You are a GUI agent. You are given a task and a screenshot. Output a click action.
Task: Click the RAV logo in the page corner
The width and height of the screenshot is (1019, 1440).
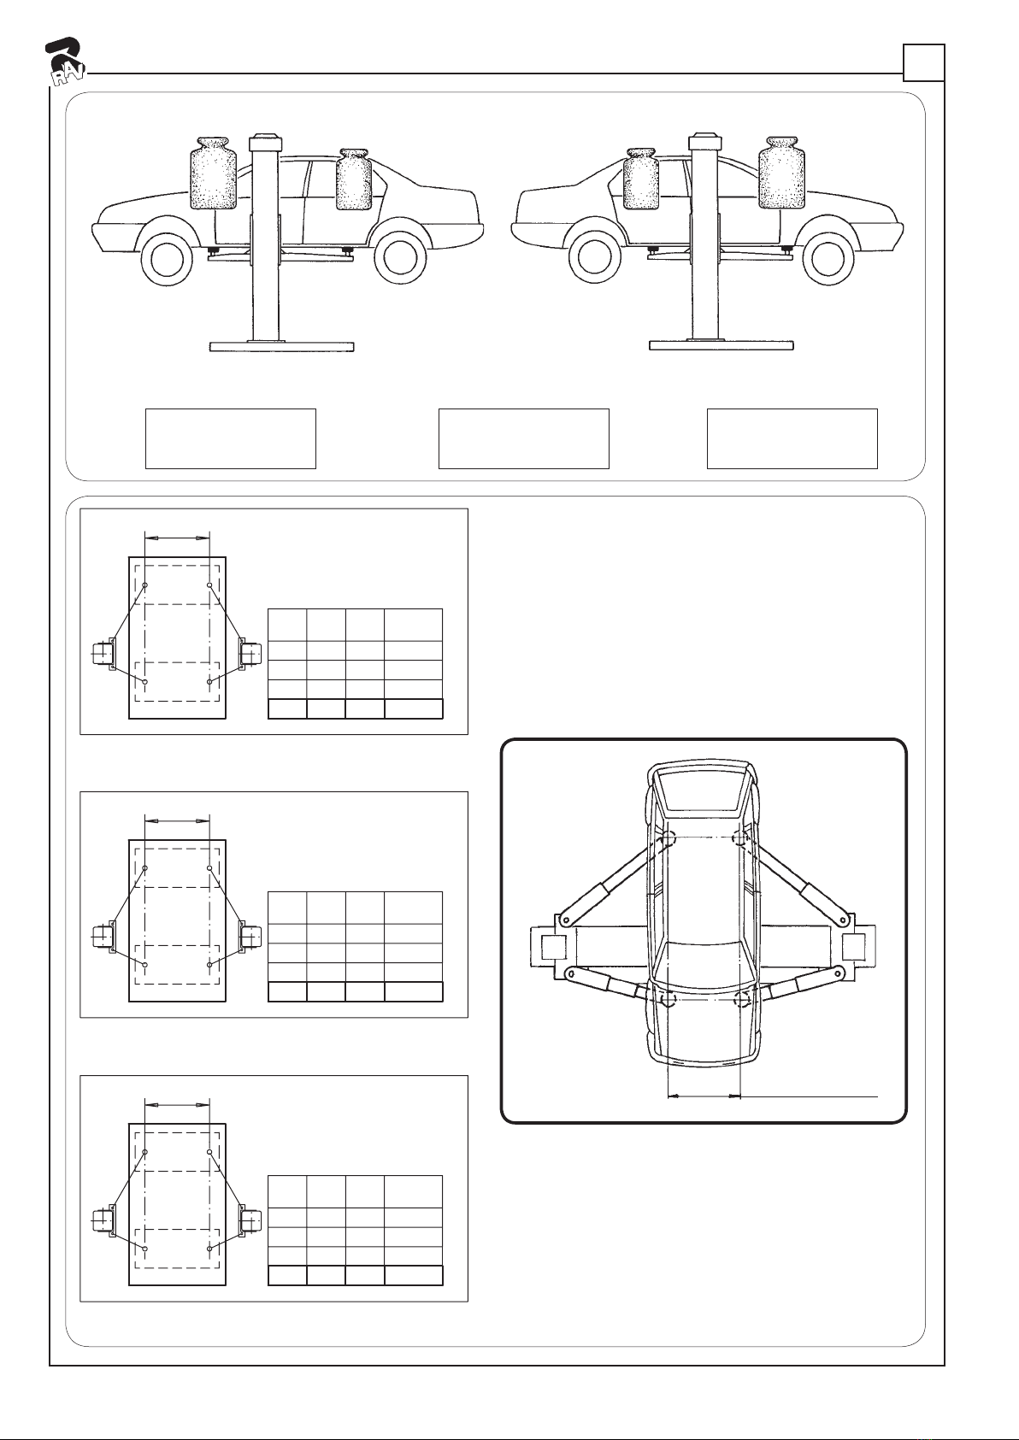pyautogui.click(x=65, y=63)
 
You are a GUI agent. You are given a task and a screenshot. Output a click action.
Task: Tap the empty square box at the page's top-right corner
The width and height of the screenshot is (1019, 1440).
pyautogui.click(x=924, y=62)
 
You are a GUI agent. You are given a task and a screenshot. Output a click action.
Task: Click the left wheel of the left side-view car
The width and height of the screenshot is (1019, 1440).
pyautogui.click(x=167, y=258)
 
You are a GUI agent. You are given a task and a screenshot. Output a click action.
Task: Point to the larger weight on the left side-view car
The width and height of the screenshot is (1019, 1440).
pyautogui.click(x=214, y=173)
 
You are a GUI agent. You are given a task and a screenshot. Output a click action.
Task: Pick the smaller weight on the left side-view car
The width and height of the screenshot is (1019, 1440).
pyautogui.click(x=354, y=179)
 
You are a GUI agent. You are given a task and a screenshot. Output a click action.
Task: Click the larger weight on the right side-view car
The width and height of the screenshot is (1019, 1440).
pyautogui.click(x=781, y=173)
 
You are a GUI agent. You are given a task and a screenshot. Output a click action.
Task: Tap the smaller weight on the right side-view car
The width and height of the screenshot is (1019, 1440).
pyautogui.click(x=641, y=179)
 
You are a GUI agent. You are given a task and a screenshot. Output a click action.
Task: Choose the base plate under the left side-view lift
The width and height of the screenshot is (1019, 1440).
pyautogui.click(x=282, y=346)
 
